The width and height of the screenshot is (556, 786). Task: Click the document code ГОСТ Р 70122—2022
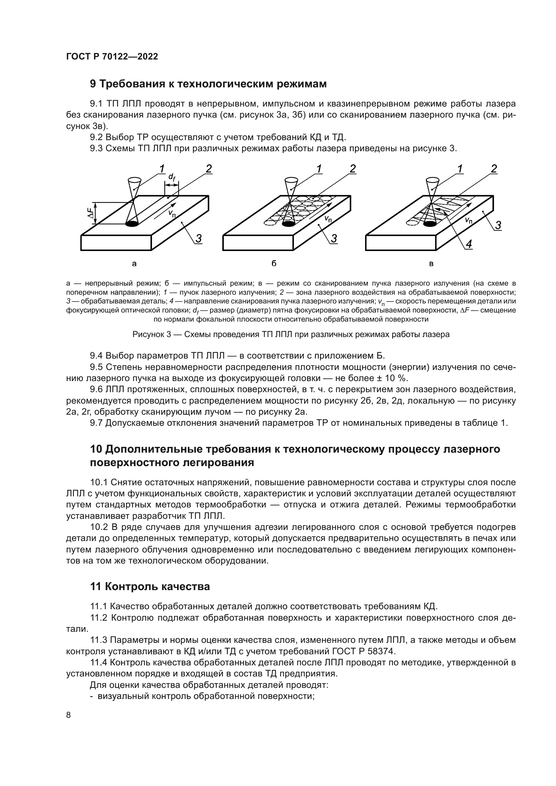coord(112,56)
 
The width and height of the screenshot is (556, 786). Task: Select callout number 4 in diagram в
coord(469,244)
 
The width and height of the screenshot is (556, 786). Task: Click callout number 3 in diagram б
coord(334,239)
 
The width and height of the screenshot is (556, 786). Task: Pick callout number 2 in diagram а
coord(208,169)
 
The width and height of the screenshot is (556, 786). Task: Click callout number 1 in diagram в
coord(460,169)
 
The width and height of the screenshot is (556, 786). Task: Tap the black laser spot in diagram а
coord(132,224)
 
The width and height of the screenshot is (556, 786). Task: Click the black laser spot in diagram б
coord(288,224)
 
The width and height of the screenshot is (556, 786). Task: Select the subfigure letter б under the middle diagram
coord(274,264)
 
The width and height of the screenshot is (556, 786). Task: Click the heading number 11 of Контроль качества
coord(95,587)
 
